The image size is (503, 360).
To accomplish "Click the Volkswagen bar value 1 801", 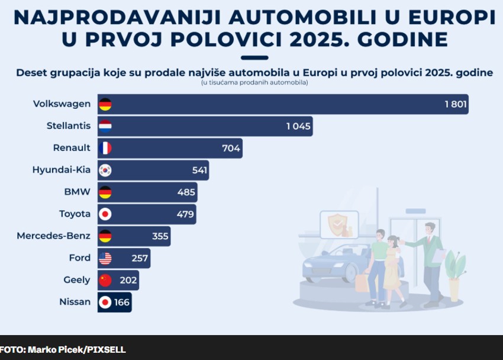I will tap(456, 104).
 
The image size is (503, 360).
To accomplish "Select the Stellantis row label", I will tap(69, 126).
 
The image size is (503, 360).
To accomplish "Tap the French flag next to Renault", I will tap(105, 148).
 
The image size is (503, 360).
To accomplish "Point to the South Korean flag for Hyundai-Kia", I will tap(105, 171).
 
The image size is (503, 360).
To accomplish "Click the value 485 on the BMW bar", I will tap(186, 192).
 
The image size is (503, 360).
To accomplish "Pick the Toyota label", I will tap(75, 214).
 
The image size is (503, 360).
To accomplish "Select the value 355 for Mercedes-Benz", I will tap(160, 236).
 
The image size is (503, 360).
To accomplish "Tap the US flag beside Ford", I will tap(105, 258).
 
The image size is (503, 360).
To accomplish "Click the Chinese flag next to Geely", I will tap(105, 280).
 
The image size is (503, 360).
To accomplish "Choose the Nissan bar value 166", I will tap(121, 302).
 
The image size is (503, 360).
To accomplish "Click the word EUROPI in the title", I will tap(446, 18).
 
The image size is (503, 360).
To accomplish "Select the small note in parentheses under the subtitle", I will tap(254, 83).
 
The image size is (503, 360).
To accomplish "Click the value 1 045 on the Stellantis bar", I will tap(298, 126).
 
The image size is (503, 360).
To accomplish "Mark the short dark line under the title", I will tap(254, 57).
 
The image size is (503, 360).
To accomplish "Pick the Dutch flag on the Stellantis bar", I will tap(105, 126).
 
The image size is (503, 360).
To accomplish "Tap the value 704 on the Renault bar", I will tap(231, 148).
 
